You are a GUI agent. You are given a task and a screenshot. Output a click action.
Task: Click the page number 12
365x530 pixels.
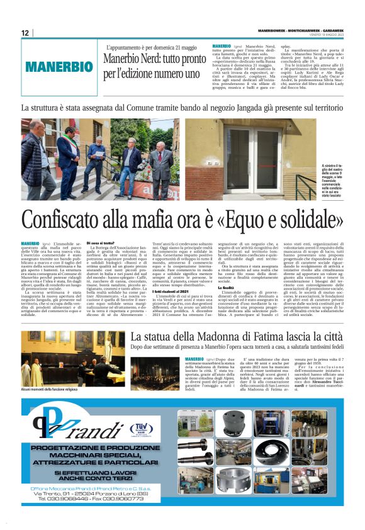pos(25,33)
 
